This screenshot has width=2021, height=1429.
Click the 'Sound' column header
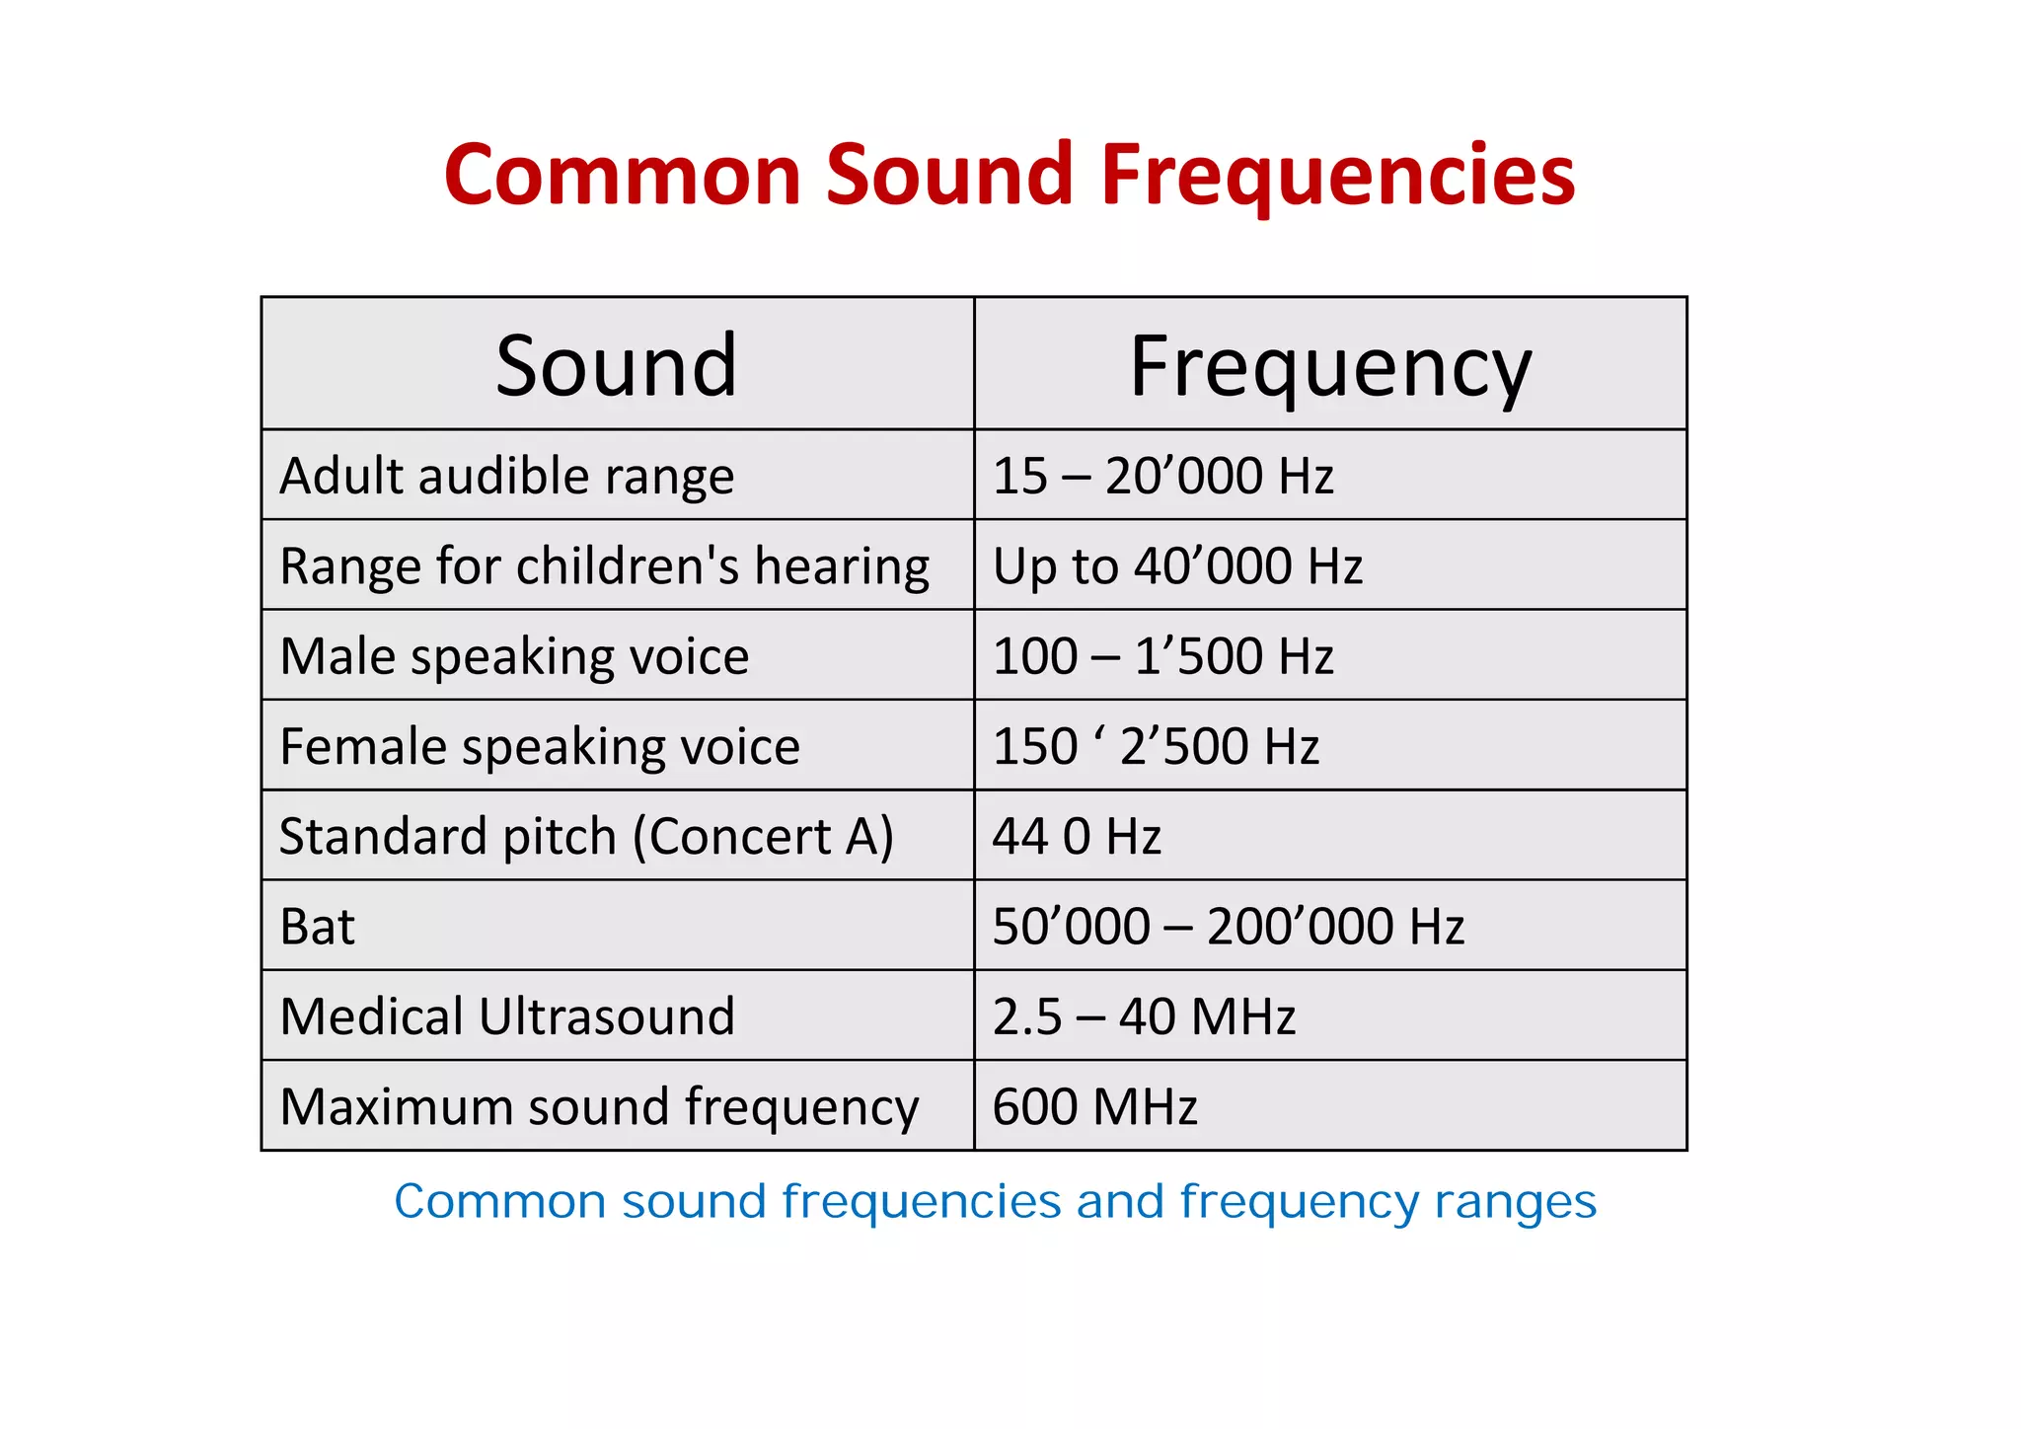(x=617, y=366)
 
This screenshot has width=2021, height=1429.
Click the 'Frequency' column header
(x=1330, y=366)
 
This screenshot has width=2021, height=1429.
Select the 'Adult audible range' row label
(x=507, y=476)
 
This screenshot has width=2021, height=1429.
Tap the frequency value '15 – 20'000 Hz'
(x=1162, y=476)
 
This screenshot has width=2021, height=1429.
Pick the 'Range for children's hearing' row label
(x=604, y=566)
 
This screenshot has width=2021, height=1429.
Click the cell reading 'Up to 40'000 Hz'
(x=1177, y=566)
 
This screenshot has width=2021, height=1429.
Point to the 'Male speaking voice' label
(x=514, y=656)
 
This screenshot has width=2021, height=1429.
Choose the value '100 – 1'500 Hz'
(x=1162, y=656)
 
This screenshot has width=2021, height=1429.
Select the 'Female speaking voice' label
(x=540, y=746)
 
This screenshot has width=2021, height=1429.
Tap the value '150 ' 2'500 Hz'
(x=1156, y=746)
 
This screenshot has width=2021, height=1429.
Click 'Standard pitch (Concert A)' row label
(x=586, y=836)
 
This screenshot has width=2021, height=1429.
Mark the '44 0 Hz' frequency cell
(x=1077, y=836)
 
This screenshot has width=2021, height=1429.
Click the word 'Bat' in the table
(x=317, y=927)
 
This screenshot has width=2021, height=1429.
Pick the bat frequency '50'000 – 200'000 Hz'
(x=1229, y=927)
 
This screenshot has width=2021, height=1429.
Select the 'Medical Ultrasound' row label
(x=507, y=1016)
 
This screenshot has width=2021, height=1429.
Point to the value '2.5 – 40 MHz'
(x=1144, y=1016)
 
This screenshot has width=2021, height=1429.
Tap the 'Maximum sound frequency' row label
(x=599, y=1106)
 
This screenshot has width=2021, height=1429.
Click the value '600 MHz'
(x=1094, y=1106)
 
